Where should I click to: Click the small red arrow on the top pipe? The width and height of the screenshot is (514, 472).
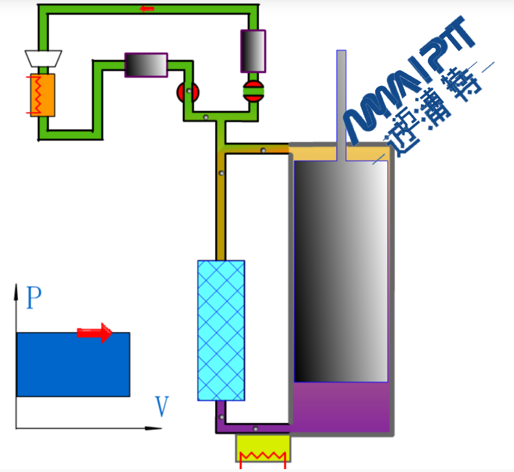(x=147, y=9)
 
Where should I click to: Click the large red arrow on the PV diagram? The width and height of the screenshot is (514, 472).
(x=95, y=332)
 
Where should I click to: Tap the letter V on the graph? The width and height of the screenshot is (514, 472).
(x=162, y=407)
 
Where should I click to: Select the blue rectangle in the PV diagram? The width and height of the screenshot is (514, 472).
(x=73, y=365)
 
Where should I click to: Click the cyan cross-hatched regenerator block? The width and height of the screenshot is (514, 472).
(x=221, y=330)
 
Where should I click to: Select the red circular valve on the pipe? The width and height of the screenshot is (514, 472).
(x=188, y=92)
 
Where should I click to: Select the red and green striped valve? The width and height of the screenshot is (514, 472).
(x=253, y=91)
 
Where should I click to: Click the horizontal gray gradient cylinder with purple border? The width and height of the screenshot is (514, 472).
(x=146, y=65)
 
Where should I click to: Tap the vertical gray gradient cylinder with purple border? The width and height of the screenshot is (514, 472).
(x=253, y=51)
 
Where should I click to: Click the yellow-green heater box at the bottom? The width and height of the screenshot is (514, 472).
(x=263, y=448)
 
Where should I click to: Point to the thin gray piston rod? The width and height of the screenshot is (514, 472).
(x=341, y=98)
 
